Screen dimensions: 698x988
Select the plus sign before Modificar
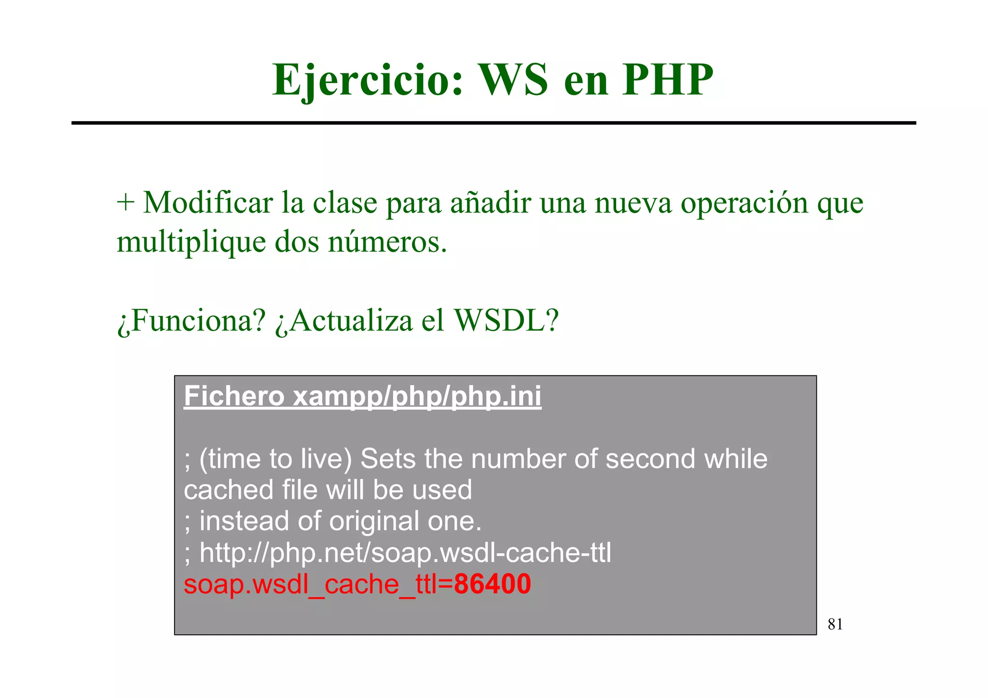125,203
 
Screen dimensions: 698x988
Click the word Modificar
208,203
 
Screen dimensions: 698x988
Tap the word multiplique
191,242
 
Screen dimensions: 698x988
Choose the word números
387,242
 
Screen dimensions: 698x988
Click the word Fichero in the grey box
234,397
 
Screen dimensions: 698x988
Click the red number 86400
492,584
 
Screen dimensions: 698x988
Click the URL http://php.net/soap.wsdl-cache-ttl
405,553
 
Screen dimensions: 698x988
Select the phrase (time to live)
275,459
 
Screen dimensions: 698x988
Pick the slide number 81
835,625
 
